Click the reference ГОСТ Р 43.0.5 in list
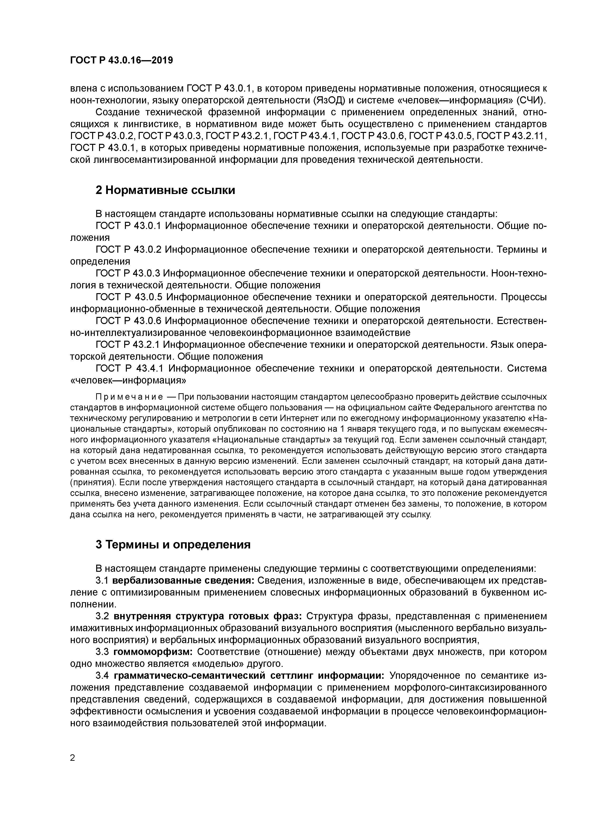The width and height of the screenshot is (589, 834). (129, 297)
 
